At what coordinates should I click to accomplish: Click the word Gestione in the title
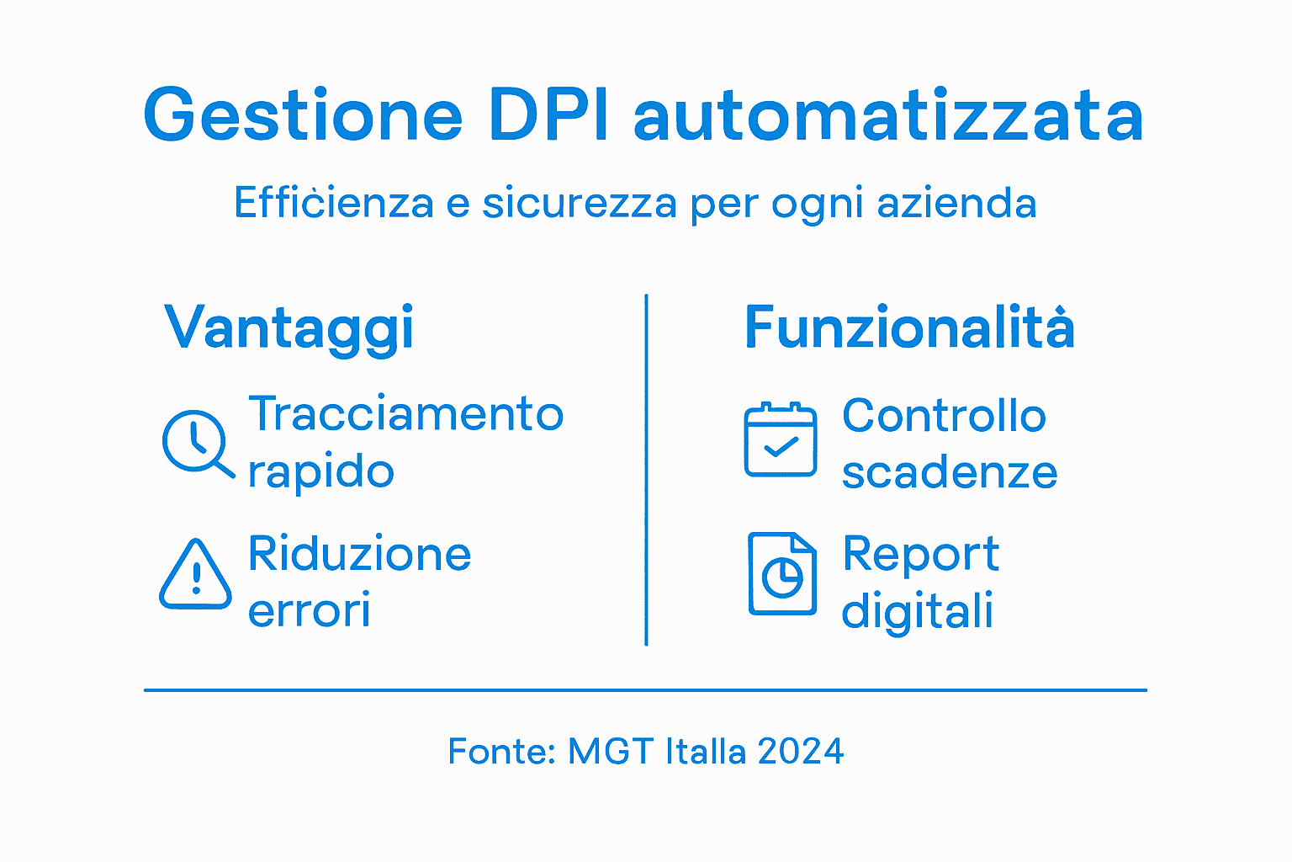303,115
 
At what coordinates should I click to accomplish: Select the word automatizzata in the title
888,115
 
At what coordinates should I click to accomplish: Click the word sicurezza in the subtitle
579,204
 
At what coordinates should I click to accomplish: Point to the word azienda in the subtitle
956,204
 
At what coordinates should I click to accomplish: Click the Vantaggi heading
289,328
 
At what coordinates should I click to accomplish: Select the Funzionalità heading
909,327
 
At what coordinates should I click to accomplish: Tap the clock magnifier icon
196,443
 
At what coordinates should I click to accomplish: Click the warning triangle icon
195,575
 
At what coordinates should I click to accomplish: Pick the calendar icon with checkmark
781,439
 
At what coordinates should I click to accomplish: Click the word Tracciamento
405,414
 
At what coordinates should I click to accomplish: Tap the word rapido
320,472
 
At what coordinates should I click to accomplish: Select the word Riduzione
359,554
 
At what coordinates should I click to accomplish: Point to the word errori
309,610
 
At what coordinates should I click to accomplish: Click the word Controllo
944,416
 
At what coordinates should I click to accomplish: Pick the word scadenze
950,472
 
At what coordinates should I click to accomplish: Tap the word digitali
918,611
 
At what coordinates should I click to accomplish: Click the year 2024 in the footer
800,751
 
